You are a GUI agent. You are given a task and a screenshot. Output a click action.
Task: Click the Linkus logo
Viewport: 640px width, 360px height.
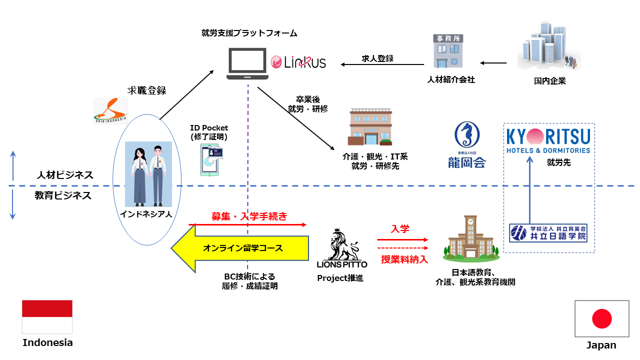[298, 62]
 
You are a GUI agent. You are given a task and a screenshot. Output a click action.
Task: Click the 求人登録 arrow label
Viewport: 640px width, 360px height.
[377, 58]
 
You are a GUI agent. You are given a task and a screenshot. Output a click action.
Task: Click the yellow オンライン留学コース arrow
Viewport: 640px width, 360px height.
[240, 248]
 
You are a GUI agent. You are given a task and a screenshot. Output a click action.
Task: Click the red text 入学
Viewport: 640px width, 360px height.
[400, 229]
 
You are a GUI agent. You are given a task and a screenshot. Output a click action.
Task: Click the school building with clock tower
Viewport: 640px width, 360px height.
[471, 239]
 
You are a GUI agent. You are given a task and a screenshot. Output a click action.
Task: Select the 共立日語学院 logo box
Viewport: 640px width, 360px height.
[548, 232]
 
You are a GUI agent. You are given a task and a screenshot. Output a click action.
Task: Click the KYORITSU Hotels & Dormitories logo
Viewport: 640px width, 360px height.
[548, 141]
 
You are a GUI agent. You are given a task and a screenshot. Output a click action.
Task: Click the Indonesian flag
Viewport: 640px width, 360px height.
[47, 317]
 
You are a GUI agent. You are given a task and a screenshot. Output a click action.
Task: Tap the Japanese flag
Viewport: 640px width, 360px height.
[601, 318]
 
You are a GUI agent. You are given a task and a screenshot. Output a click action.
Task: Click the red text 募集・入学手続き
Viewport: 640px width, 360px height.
[249, 216]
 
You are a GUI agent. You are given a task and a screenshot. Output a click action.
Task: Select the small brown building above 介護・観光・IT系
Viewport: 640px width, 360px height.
[370, 128]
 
